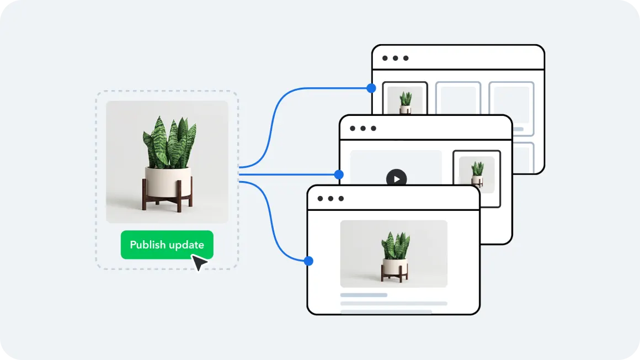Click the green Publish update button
(167, 245)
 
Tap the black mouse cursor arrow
(199, 262)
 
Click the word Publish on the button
(147, 245)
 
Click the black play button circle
(396, 178)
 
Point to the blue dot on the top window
(371, 88)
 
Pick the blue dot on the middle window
(339, 174)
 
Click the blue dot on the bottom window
(308, 261)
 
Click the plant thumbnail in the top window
(405, 102)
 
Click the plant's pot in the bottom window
(394, 267)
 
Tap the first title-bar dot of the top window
(385, 58)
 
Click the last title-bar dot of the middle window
(374, 128)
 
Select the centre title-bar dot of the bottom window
(330, 198)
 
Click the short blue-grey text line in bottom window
(364, 295)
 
